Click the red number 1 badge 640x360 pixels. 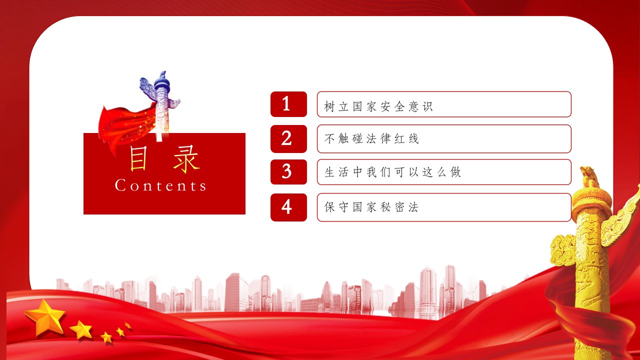tap(288, 104)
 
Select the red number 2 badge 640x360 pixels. tap(288, 139)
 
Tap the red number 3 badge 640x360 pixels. tap(288, 171)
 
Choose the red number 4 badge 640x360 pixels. tap(288, 207)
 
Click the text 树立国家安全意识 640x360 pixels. tap(378, 106)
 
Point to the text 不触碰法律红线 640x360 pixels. tap(371, 139)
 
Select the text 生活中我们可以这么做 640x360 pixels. tap(392, 172)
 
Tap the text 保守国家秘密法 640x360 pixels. tap(371, 207)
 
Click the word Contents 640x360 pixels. tap(160, 185)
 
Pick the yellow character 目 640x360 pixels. tap(138, 158)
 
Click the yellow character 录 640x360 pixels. tap(186, 159)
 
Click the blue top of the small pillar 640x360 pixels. tap(161, 83)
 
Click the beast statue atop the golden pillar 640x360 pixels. tap(589, 176)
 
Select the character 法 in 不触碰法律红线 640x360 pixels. tap(371, 139)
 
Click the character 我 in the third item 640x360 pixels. tap(371, 172)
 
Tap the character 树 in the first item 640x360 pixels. tap(329, 106)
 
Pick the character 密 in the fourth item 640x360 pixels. tap(399, 207)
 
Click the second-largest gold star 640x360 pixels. tap(81, 329)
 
